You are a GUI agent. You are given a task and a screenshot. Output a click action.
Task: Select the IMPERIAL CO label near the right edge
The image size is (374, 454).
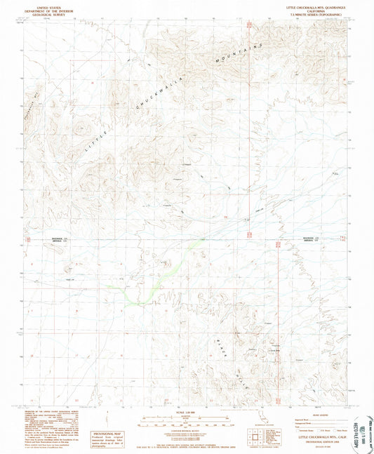(x=309, y=243)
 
